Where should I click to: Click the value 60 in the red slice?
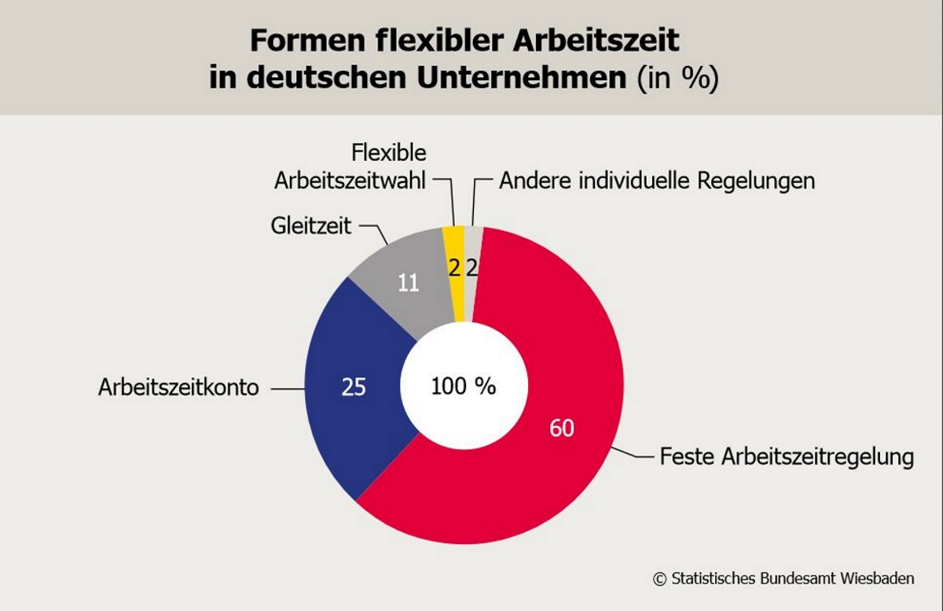(x=562, y=429)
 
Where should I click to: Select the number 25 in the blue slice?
(x=354, y=387)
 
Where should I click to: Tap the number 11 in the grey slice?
(x=407, y=283)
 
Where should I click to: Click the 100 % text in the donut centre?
(x=464, y=386)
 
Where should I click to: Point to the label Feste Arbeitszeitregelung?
(x=787, y=456)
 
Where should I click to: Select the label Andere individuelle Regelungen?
(x=657, y=181)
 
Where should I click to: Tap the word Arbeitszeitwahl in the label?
(x=350, y=181)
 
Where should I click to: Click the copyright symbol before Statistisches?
(x=659, y=579)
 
